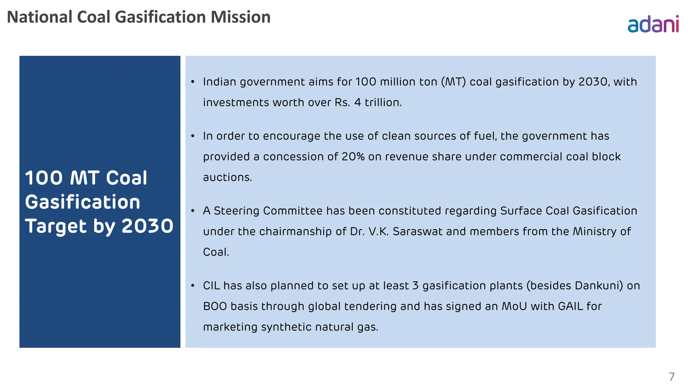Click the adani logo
tap(653, 24)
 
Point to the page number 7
tap(672, 377)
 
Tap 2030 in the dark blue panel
tap(147, 226)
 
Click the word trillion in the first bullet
tap(383, 102)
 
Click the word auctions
tap(227, 177)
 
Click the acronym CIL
tap(211, 286)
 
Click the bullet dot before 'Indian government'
tap(193, 82)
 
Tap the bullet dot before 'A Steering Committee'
tap(193, 211)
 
